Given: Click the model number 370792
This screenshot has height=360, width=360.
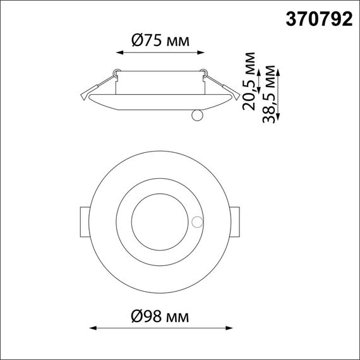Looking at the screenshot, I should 320,20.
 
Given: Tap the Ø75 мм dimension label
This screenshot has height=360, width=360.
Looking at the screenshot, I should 160,41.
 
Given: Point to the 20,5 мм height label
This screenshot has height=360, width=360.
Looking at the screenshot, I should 251,80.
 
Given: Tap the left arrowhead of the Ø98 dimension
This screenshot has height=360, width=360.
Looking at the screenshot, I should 92,328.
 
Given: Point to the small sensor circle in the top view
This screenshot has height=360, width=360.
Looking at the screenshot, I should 197,222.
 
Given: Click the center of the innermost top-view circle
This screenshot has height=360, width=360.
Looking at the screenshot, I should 160,221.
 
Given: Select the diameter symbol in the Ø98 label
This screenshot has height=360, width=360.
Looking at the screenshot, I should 140,313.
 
